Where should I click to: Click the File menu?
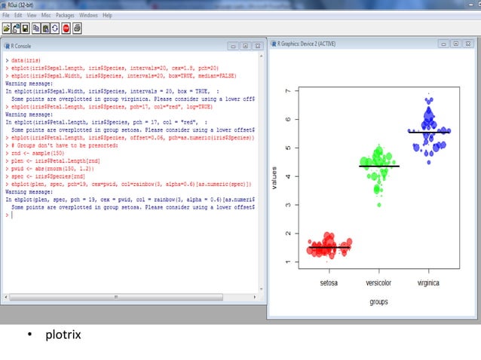pyautogui.click(x=6, y=15)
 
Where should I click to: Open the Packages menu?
pyautogui.click(x=65, y=15)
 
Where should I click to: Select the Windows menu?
pyautogui.click(x=88, y=15)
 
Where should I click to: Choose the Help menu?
pyautogui.click(x=108, y=15)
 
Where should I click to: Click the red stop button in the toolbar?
pyautogui.click(x=66, y=29)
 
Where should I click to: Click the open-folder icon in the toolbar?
pyautogui.click(x=7, y=29)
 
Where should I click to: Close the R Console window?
pyautogui.click(x=258, y=46)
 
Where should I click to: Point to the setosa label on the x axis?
pyautogui.click(x=328, y=283)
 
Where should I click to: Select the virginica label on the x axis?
pyautogui.click(x=428, y=283)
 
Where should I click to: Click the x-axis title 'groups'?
pyautogui.click(x=378, y=302)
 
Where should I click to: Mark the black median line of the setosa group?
pyautogui.click(x=329, y=247)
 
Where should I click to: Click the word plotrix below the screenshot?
pyautogui.click(x=63, y=334)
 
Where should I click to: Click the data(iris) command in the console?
pyautogui.click(x=26, y=59)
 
